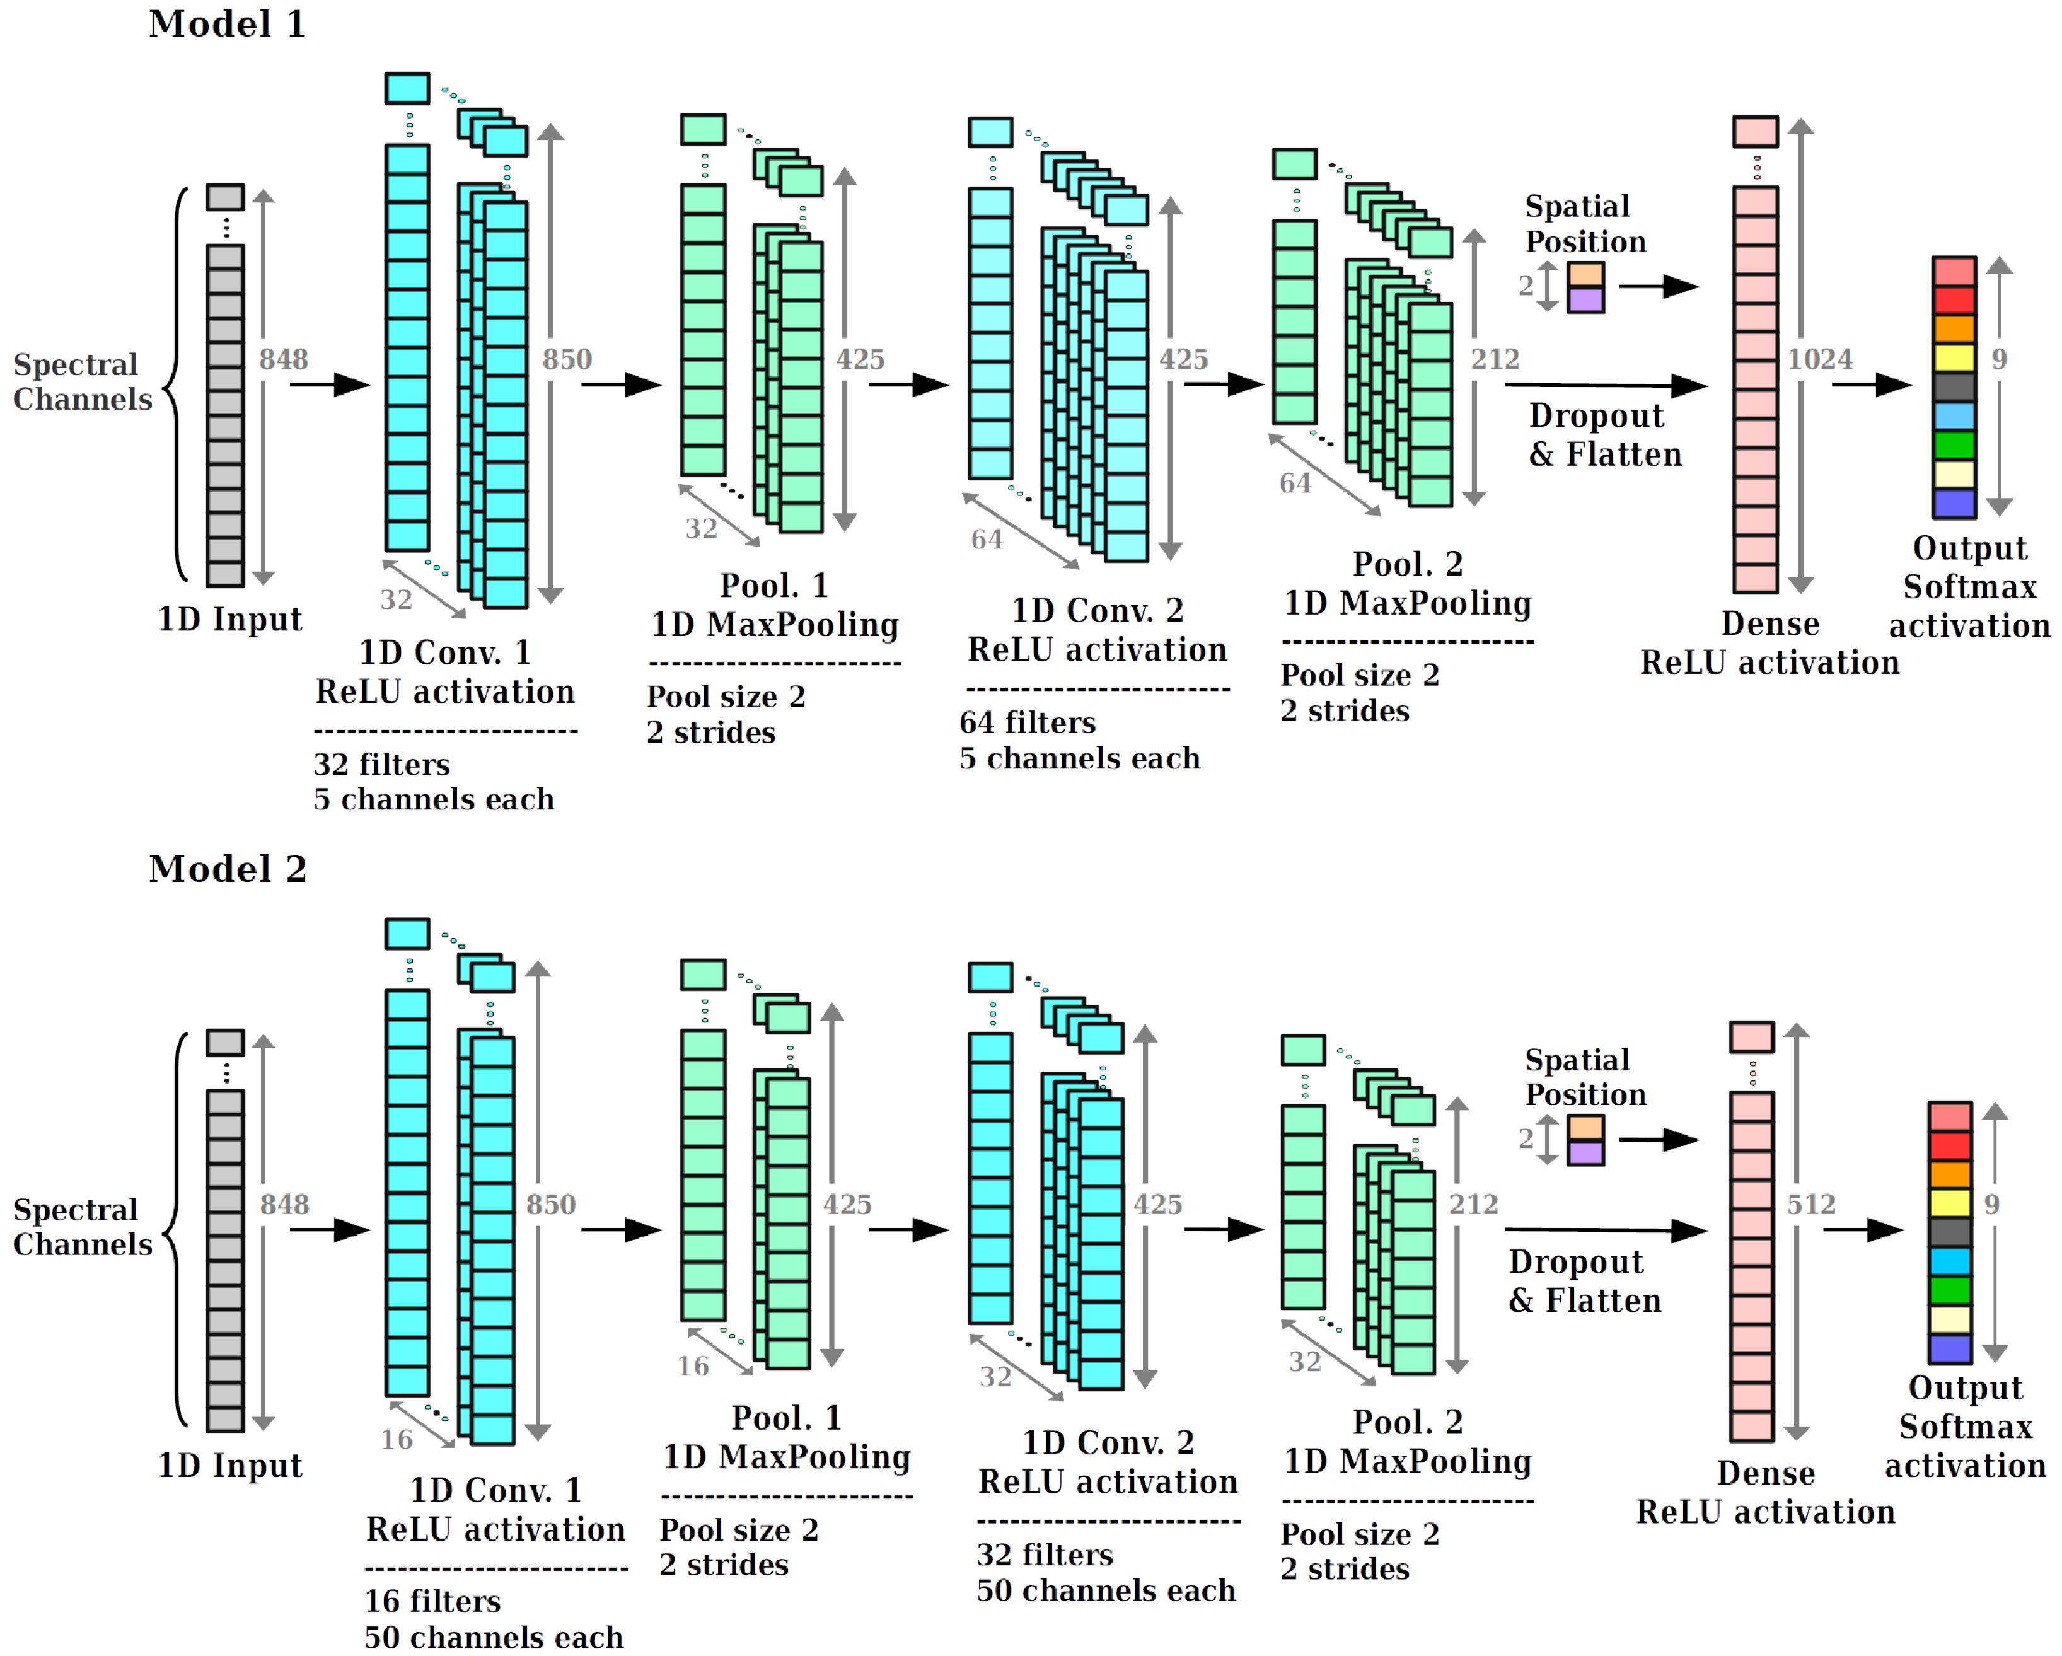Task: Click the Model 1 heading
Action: point(227,24)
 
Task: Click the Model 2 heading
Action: point(227,869)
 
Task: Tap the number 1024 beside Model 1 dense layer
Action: point(1820,359)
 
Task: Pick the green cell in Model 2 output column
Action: point(1949,1291)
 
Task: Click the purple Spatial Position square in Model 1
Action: point(1585,300)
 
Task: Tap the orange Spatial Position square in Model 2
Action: point(1585,1128)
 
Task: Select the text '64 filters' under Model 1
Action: point(1027,723)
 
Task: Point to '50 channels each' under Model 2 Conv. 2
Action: point(1106,1591)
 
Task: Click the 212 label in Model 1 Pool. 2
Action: point(1495,359)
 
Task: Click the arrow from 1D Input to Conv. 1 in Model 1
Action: point(329,385)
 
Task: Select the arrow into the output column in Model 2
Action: point(1862,1230)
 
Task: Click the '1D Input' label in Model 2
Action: point(229,1466)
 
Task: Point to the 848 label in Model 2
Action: point(285,1205)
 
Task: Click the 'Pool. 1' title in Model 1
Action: point(773,585)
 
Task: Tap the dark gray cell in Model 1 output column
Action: point(1954,387)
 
